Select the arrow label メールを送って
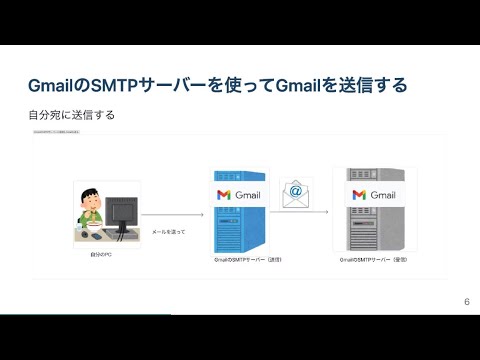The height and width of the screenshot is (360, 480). (x=168, y=231)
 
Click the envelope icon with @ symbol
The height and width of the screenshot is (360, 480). (x=295, y=194)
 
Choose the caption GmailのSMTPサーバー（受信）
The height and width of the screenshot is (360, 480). (x=375, y=260)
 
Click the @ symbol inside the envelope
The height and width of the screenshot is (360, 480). (x=295, y=189)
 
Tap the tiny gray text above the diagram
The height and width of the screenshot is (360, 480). (x=60, y=130)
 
